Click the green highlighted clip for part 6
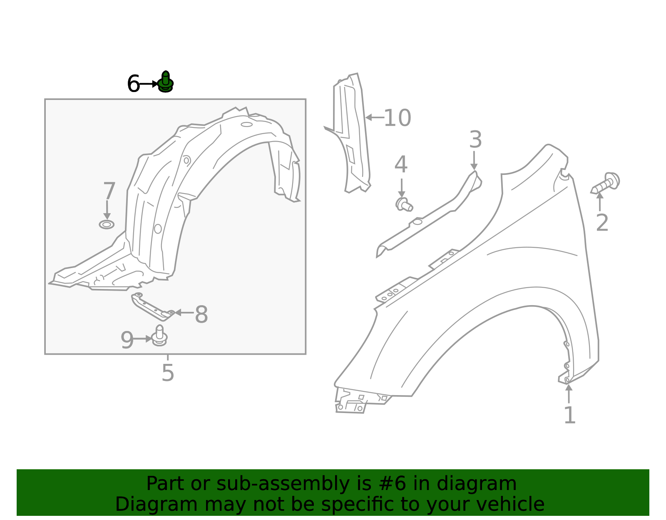click(x=166, y=82)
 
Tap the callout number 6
click(x=133, y=84)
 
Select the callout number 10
click(x=397, y=118)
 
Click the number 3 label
click(x=475, y=140)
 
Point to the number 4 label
click(x=401, y=165)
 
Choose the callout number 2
click(x=602, y=223)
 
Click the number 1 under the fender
click(x=569, y=416)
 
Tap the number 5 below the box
click(x=168, y=373)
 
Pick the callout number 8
click(x=201, y=315)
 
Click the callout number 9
click(x=127, y=340)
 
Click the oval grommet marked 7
click(x=107, y=225)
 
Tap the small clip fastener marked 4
click(x=403, y=204)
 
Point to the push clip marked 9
click(x=159, y=336)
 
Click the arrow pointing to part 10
click(x=374, y=118)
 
